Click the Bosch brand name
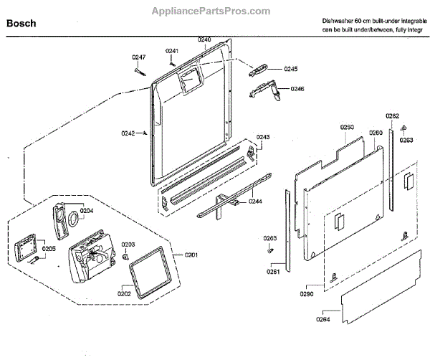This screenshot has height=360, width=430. (x=21, y=24)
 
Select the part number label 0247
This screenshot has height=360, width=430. (x=138, y=57)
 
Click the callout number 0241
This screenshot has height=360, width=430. (x=172, y=51)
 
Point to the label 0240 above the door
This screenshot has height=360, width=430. (x=204, y=39)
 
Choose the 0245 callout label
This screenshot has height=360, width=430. (x=290, y=69)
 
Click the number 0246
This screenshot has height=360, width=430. (x=297, y=89)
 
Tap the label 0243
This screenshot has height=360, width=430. (x=263, y=137)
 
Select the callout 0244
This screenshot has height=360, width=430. (x=256, y=202)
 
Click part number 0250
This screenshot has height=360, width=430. (x=347, y=127)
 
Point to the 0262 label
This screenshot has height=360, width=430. (x=392, y=115)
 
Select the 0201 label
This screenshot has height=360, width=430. (x=191, y=255)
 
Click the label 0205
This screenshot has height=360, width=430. (x=49, y=248)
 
